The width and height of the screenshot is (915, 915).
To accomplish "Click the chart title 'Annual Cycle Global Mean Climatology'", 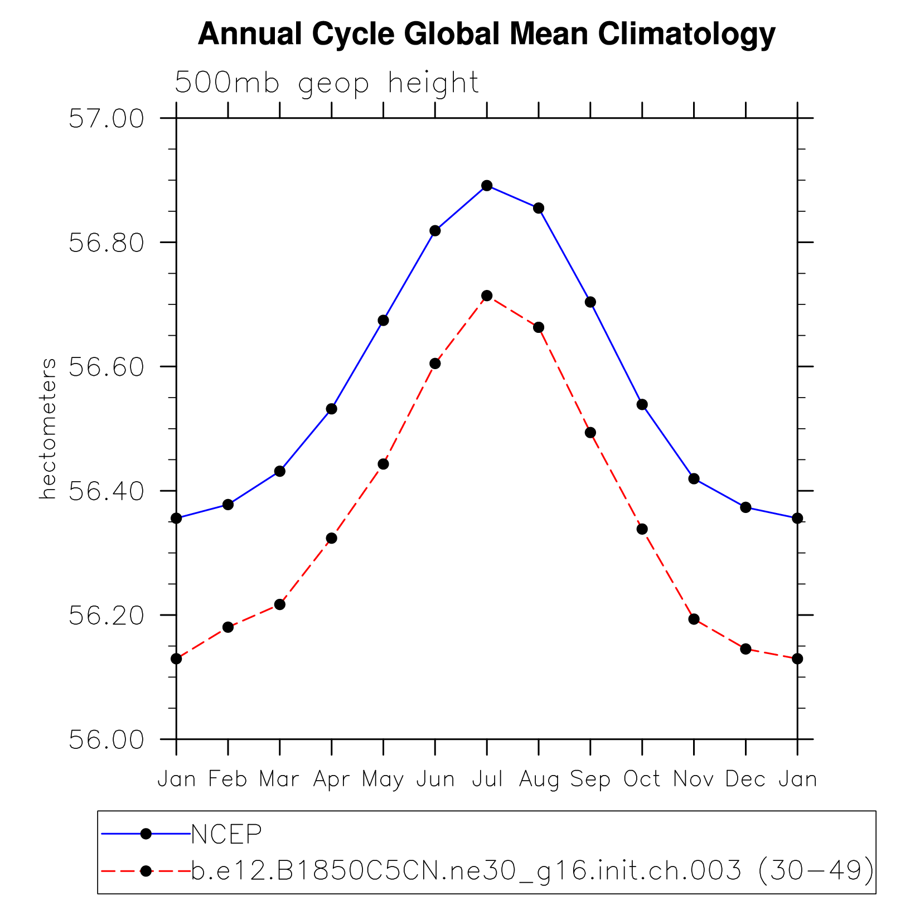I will click(486, 35).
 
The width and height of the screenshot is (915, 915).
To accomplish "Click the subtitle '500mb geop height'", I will click(327, 83).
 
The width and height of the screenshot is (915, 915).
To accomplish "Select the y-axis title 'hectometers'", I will click(49, 428).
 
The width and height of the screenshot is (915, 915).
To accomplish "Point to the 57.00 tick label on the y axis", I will click(106, 119).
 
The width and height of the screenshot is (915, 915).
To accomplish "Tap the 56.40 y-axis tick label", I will click(106, 491).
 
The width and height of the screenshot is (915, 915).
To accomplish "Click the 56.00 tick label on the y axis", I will click(106, 739).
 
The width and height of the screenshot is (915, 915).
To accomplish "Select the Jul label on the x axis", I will click(487, 779).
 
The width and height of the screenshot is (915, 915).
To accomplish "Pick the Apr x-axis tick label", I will click(332, 779).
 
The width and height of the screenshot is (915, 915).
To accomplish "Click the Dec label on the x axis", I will click(745, 779).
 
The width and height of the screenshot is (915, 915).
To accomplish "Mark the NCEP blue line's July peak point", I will click(487, 186).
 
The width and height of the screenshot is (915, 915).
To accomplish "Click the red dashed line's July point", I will click(487, 296).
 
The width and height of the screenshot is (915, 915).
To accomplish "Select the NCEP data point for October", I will click(642, 404).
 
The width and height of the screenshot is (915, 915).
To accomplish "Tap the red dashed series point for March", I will click(280, 604).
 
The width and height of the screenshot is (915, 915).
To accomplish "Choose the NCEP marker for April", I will click(332, 409).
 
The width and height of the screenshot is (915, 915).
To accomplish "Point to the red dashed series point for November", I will click(694, 619).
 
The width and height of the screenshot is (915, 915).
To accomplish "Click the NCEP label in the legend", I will click(226, 834).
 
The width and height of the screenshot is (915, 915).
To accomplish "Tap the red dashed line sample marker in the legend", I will click(146, 871).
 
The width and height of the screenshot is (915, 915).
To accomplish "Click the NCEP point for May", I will click(384, 321).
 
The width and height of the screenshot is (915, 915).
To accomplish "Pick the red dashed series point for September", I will click(590, 433).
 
